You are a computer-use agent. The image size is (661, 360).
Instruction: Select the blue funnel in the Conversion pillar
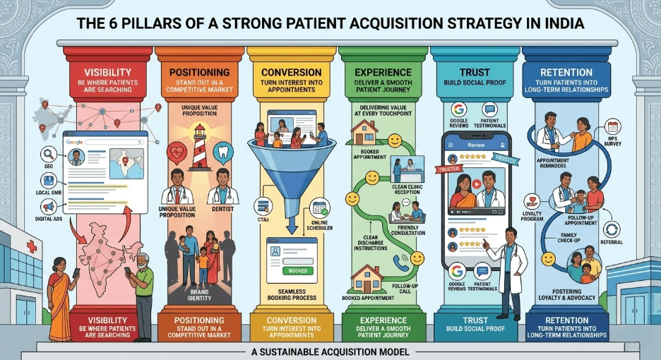pyautogui.click(x=291, y=169)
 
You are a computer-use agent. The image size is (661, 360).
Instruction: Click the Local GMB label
pyautogui.click(x=47, y=193)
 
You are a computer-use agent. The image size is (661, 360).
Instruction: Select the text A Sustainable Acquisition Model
pyautogui.click(x=330, y=351)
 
